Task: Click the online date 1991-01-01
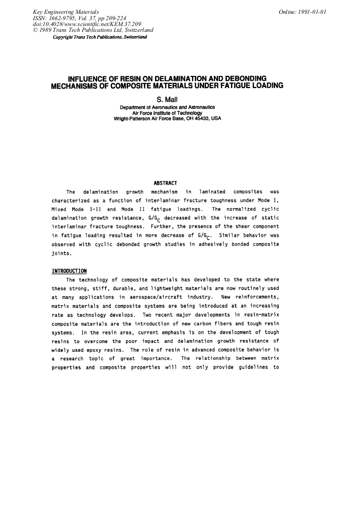click(303, 12)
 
